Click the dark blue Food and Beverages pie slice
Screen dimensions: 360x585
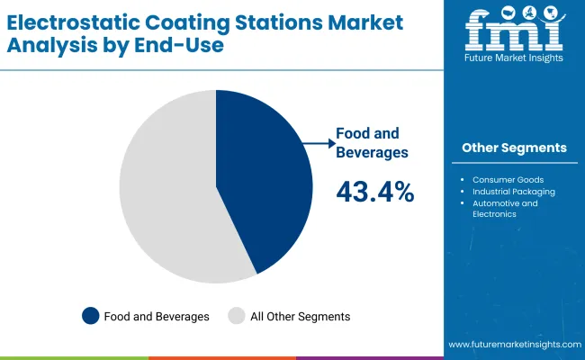265,180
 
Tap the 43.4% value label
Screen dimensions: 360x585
374,191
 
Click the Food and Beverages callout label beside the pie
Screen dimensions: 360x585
372,142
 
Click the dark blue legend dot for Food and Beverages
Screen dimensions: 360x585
90,316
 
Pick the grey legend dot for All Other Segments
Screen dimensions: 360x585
237,316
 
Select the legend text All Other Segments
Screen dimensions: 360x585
301,317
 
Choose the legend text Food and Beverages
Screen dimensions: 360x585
157,317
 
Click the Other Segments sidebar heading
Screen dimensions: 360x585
514,148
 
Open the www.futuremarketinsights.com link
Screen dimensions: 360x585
513,345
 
